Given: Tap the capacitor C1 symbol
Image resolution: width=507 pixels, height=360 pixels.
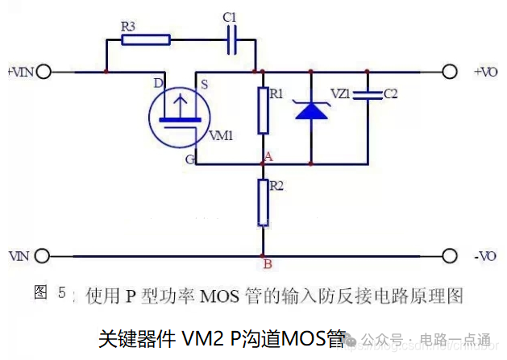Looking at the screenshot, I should pos(231,38).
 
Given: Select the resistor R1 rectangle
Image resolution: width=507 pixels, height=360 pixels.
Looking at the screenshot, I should pos(263,111).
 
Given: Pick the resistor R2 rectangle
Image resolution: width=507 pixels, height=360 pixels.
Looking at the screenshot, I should pos(263,203).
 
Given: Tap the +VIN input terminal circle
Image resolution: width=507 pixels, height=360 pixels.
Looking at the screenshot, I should pos(44,72).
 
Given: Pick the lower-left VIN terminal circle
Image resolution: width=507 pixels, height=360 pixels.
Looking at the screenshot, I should pos(44,256).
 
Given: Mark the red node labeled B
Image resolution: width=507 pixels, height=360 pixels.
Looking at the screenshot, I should pos(263,256).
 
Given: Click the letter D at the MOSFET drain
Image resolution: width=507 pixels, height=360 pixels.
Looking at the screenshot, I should pos(158,83).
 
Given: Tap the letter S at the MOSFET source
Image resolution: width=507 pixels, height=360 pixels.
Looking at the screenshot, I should pos(205,84).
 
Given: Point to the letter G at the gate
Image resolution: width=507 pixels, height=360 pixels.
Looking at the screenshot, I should pos(189,159).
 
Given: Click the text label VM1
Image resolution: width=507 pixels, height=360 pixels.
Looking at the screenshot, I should pos(221,135).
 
